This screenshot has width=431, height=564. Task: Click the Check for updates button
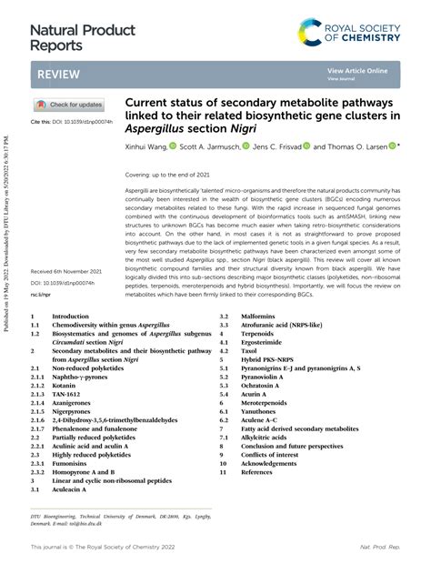coord(70,105)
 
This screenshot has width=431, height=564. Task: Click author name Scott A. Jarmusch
coord(221,145)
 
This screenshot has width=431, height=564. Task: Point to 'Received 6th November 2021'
coord(66,272)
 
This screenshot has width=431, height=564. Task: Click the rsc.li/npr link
coord(41,294)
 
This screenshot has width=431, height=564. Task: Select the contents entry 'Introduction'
coord(70,316)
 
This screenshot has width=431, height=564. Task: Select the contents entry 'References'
coord(256,472)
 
